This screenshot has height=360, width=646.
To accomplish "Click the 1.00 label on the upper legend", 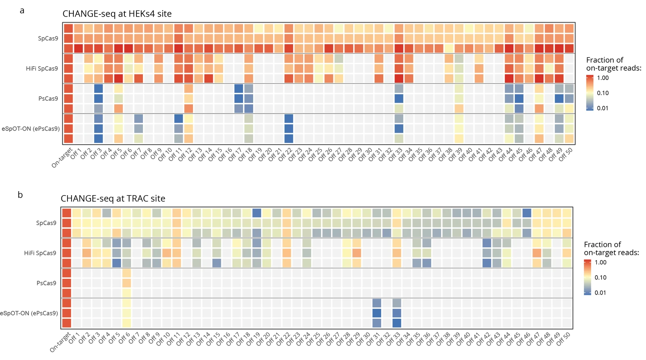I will [603, 78].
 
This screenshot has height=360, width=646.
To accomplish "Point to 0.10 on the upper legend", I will [603, 93].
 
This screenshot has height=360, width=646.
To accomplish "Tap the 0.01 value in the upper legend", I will [603, 108].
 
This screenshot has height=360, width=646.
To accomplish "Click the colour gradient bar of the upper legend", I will [590, 93].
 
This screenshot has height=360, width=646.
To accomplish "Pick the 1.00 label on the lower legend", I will [600, 263].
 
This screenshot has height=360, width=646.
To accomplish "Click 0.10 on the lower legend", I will [600, 278].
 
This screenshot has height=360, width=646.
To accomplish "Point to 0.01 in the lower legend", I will [600, 293].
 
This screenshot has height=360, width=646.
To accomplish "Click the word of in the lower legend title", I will [616, 244].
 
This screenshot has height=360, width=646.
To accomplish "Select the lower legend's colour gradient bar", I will [587, 278].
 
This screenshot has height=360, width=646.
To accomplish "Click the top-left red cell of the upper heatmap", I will [68, 29].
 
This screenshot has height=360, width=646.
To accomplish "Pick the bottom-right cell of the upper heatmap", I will [569, 139].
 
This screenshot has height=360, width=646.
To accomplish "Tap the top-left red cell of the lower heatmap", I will [67, 213].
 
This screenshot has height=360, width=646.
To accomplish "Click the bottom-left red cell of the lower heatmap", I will [67, 323].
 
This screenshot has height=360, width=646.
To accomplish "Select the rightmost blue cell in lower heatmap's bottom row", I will [397, 323].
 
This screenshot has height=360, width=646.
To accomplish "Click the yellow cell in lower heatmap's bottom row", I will [127, 323].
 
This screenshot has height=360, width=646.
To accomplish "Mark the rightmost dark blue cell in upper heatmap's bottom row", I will [289, 139].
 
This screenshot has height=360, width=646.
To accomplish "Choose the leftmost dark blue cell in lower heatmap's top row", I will [257, 213].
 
